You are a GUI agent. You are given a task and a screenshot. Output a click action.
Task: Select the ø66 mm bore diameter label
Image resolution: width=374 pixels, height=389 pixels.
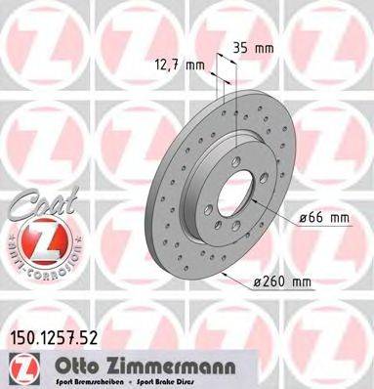pyautogui.click(x=325, y=218)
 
